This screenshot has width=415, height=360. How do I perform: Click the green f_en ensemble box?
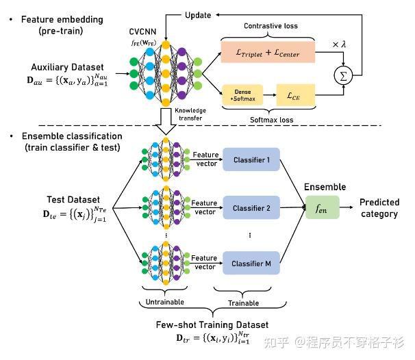[323, 207]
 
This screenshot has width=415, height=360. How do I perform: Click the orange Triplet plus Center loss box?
[267, 51]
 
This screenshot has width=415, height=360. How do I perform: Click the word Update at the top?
[199, 14]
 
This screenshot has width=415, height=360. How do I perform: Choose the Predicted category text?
[379, 208]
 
